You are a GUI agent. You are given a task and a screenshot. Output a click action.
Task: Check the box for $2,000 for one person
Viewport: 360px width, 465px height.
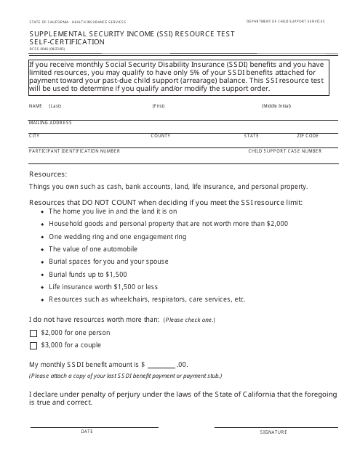point(33,332)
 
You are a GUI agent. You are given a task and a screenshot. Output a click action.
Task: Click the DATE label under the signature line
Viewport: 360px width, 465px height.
point(87,432)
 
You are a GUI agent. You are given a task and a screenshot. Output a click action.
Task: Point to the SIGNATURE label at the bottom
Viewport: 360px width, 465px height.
point(273,432)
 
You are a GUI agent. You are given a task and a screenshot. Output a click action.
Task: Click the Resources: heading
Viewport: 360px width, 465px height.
point(48,174)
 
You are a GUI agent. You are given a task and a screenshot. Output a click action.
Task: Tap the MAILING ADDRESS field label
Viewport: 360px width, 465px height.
point(50,122)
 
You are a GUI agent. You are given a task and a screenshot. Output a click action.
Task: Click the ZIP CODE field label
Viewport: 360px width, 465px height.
point(308,136)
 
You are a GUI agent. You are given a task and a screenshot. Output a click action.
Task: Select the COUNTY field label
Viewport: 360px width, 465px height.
point(161,136)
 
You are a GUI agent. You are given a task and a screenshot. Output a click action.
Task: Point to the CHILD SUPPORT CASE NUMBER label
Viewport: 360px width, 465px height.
point(285,150)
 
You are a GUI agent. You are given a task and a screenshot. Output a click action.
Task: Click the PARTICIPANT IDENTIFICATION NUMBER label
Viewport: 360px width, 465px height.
point(74,150)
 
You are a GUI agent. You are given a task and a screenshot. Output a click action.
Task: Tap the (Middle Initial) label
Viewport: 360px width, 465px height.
point(276,106)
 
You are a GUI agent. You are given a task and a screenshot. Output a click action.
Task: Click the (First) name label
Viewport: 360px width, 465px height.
point(159,106)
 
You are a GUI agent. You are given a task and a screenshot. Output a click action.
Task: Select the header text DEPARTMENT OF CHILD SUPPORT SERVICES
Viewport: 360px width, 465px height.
point(285,22)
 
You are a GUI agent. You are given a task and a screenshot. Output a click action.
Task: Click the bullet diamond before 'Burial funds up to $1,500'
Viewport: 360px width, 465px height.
point(42,274)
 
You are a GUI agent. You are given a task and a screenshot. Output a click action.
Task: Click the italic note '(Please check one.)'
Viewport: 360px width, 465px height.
point(189,320)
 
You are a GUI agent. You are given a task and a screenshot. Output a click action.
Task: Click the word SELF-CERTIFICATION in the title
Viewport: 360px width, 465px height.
point(67,42)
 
